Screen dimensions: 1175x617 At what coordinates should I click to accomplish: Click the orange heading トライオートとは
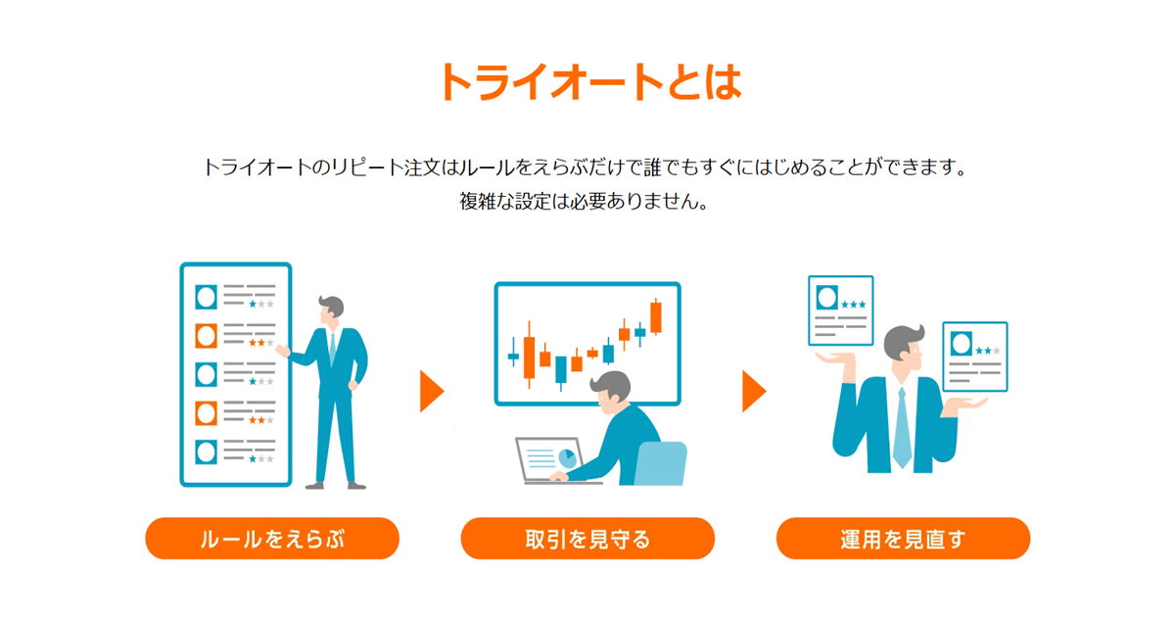tap(590, 81)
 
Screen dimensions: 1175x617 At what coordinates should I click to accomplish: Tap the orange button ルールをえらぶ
tap(272, 539)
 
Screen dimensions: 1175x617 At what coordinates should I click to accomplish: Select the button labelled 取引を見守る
tap(587, 539)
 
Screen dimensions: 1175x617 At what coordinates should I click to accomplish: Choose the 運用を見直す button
tap(903, 539)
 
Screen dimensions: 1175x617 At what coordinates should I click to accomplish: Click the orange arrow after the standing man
tap(431, 392)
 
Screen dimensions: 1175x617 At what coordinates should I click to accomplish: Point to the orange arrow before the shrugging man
tap(754, 392)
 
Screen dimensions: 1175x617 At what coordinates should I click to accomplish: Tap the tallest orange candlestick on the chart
tap(656, 317)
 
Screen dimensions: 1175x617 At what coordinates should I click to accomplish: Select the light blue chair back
tap(661, 462)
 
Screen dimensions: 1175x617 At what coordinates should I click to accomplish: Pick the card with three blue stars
tap(841, 310)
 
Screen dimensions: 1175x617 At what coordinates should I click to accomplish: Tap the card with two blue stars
tap(975, 356)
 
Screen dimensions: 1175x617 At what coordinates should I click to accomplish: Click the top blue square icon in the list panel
tap(207, 297)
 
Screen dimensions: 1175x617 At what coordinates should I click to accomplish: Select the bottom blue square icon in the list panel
tap(207, 452)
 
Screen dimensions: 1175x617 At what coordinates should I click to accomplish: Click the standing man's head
tap(331, 310)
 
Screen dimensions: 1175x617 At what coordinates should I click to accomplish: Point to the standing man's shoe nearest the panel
tap(314, 486)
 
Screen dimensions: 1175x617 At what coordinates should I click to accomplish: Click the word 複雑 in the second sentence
tap(478, 201)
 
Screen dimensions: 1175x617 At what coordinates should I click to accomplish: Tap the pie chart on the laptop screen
tap(567, 458)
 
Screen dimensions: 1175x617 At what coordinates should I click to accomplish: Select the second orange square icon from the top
tap(207, 413)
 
